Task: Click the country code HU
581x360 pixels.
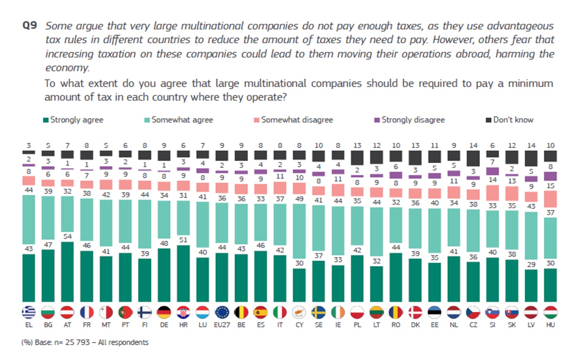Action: pyautogui.click(x=550, y=325)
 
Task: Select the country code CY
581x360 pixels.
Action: pyautogui.click(x=299, y=325)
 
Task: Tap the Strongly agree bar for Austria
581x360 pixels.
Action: pyautogui.click(x=67, y=272)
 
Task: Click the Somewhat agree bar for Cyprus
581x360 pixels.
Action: pyautogui.click(x=299, y=236)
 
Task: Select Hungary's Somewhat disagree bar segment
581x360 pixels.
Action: pyautogui.click(x=550, y=199)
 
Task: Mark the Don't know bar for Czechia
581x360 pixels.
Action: pyautogui.click(x=473, y=158)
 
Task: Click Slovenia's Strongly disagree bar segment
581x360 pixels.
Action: pyautogui.click(x=492, y=171)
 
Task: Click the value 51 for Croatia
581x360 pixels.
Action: pyautogui.click(x=183, y=240)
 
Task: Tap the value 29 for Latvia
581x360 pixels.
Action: pyautogui.click(x=531, y=264)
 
